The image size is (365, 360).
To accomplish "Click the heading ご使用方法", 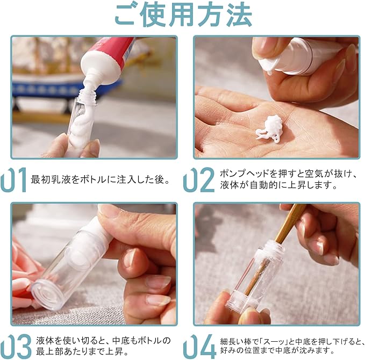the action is click(x=183, y=15).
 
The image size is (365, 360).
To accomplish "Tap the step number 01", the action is click(x=13, y=180).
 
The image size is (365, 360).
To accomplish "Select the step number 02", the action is click(x=198, y=180).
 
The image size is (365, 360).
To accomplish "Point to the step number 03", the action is click(x=16, y=347).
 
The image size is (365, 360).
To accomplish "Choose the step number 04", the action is click(x=199, y=347).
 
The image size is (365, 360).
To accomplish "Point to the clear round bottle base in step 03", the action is click(x=47, y=295).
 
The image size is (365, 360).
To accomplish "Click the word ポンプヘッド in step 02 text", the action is click(x=244, y=174).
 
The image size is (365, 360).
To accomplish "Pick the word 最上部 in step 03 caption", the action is click(x=49, y=351).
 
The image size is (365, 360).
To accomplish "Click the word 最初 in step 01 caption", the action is click(x=40, y=180).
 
